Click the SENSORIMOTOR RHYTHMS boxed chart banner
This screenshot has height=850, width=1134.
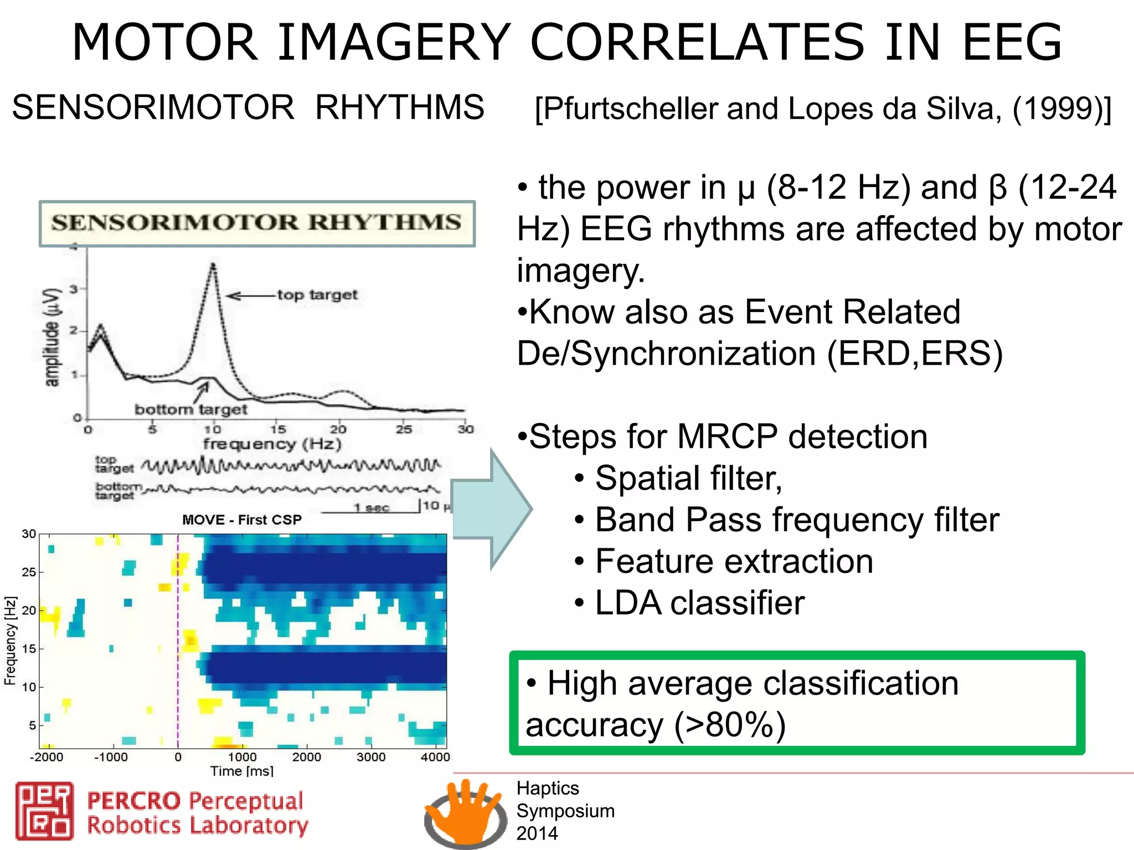click(257, 223)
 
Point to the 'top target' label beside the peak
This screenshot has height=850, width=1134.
click(317, 294)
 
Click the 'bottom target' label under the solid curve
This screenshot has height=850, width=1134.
click(190, 410)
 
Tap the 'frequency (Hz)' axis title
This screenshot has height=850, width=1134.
click(272, 444)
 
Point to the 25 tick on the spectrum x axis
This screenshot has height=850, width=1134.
click(404, 429)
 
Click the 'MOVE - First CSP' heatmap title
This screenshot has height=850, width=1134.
click(242, 520)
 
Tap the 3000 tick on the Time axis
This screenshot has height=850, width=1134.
click(371, 756)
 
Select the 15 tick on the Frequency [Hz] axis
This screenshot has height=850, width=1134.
click(29, 648)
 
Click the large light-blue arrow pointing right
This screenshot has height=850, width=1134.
click(492, 509)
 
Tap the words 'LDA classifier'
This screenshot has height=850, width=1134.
click(699, 603)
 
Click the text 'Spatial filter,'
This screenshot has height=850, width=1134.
click(688, 478)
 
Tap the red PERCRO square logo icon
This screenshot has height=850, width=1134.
click(44, 811)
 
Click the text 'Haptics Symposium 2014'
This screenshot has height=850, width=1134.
click(565, 811)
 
